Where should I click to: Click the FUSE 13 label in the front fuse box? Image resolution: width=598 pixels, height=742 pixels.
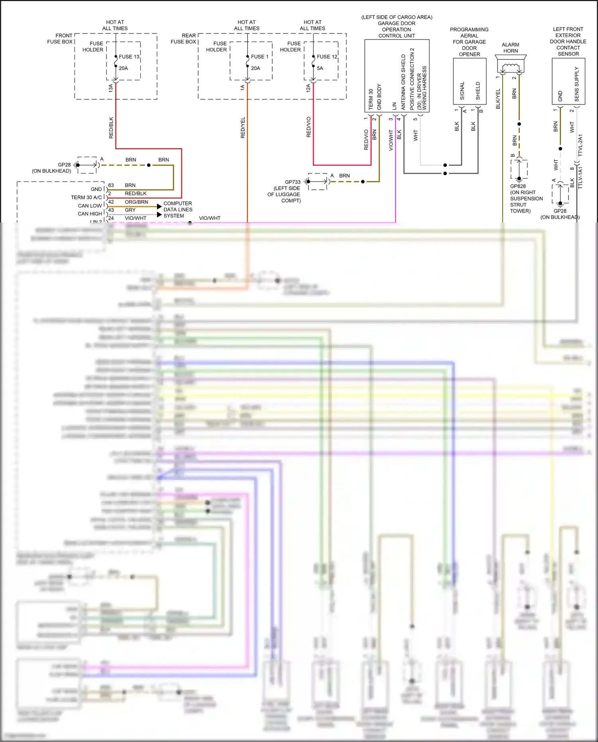tap(129, 57)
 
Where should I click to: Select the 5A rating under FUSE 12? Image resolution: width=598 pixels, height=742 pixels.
tap(320, 68)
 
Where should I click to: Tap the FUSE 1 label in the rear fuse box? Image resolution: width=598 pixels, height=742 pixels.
tap(260, 57)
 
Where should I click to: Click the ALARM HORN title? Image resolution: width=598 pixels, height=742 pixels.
tap(510, 48)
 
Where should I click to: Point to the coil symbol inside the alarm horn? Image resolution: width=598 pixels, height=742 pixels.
tap(511, 67)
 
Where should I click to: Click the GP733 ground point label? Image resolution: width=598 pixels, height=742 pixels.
tap(293, 182)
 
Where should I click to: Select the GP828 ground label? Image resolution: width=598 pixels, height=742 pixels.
tap(518, 186)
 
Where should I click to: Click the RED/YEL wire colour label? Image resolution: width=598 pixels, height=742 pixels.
tap(243, 128)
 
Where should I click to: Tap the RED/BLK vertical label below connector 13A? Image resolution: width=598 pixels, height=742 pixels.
tap(111, 128)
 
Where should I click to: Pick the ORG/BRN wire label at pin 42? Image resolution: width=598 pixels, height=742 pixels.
tap(136, 202)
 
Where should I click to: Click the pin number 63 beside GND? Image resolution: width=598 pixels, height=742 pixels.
tap(111, 185)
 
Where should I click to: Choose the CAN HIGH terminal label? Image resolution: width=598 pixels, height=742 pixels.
tap(90, 214)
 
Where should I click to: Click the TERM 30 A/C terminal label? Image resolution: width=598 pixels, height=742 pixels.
tap(86, 197)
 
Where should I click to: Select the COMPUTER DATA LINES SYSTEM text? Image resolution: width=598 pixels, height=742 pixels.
tap(178, 210)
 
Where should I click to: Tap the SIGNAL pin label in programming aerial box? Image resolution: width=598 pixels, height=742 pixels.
tap(462, 91)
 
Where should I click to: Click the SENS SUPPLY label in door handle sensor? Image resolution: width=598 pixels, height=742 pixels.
tap(576, 84)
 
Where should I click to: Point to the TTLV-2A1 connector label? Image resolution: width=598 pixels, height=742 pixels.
tap(580, 145)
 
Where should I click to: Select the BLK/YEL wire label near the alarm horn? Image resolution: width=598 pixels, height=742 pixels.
tap(498, 99)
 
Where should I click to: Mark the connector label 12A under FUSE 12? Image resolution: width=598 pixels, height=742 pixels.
tap(308, 88)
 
